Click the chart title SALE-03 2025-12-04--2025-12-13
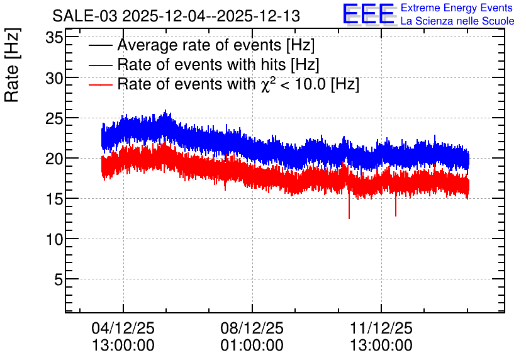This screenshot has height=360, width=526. click(x=176, y=16)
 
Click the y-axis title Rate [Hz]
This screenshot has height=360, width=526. click(x=12, y=65)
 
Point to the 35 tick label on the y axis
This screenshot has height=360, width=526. click(x=54, y=38)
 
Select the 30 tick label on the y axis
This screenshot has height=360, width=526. click(x=54, y=79)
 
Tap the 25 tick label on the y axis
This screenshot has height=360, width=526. click(x=54, y=119)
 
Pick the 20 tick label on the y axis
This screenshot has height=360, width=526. click(x=54, y=159)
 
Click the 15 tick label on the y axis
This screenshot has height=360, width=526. click(x=54, y=200)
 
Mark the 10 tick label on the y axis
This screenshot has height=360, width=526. click(x=54, y=240)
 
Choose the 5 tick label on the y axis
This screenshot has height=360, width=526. click(x=59, y=280)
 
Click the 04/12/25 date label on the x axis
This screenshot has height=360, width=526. click(x=123, y=328)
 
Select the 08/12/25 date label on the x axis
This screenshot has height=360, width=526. click(x=252, y=328)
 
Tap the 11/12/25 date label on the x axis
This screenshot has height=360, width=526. click(x=381, y=328)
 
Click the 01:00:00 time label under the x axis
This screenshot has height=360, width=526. click(x=252, y=346)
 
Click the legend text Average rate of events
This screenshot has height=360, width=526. click(x=199, y=45)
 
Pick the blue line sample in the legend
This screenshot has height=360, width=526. click(x=100, y=65)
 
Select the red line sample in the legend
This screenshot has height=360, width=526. click(x=100, y=85)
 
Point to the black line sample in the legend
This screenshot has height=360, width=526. click(x=100, y=45)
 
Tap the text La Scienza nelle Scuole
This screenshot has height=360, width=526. click(x=457, y=21)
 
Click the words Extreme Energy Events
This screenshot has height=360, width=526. click(x=457, y=8)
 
